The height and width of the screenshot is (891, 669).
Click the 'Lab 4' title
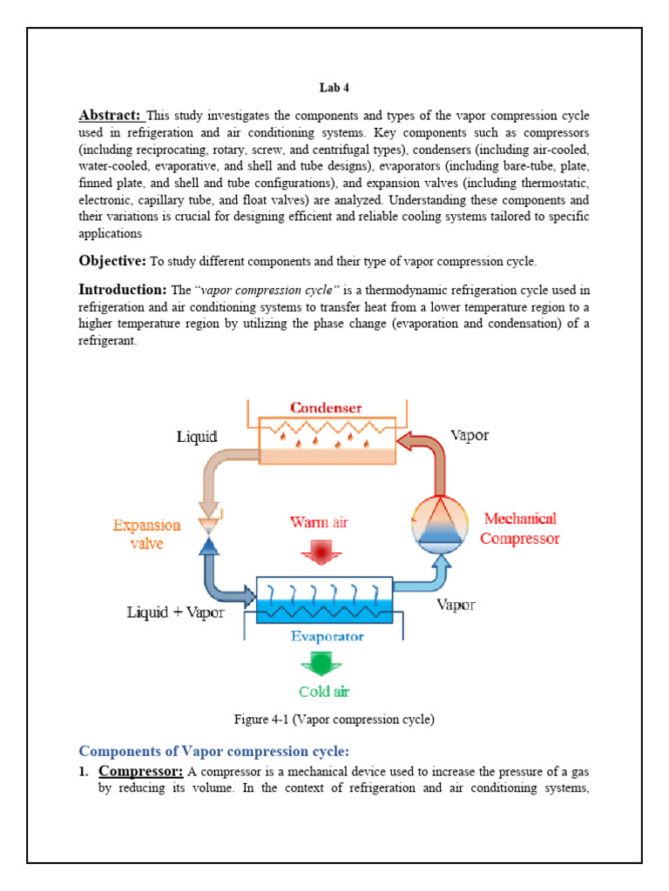(334, 88)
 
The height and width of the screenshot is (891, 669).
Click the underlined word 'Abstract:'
(111, 116)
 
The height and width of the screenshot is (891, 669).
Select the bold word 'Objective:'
(112, 261)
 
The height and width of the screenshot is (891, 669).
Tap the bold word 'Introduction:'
(122, 289)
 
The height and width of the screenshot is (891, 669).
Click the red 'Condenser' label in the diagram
(327, 407)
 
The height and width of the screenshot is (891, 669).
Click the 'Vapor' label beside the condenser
(470, 435)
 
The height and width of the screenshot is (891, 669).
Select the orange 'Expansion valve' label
(147, 533)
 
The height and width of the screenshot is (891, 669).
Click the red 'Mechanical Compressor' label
(520, 528)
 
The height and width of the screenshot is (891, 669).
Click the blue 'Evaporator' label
(327, 636)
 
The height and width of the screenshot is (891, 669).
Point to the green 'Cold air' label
(325, 693)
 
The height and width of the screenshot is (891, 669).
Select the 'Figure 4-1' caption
(334, 720)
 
